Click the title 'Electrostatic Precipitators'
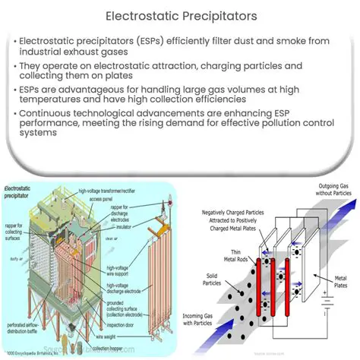[x=180, y=14]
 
